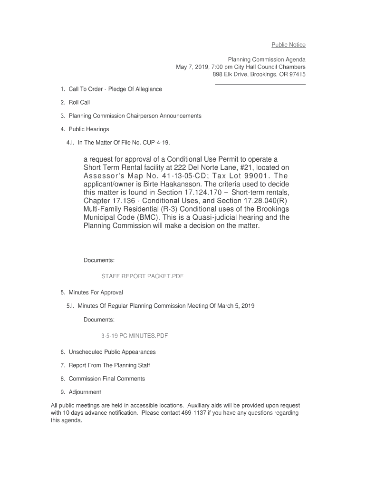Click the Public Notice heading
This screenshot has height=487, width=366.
click(288, 45)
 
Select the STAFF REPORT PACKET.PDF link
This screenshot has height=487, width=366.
click(142, 276)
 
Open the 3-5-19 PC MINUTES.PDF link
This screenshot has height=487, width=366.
click(134, 336)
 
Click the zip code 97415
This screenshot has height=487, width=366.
click(297, 75)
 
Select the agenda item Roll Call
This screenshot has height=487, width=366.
click(79, 102)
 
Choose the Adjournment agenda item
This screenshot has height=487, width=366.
click(85, 392)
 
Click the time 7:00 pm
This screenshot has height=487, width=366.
click(212, 67)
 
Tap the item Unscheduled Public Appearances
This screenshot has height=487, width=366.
click(112, 352)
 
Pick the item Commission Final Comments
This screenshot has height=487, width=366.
click(107, 379)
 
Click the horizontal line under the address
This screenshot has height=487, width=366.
click(260, 85)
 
